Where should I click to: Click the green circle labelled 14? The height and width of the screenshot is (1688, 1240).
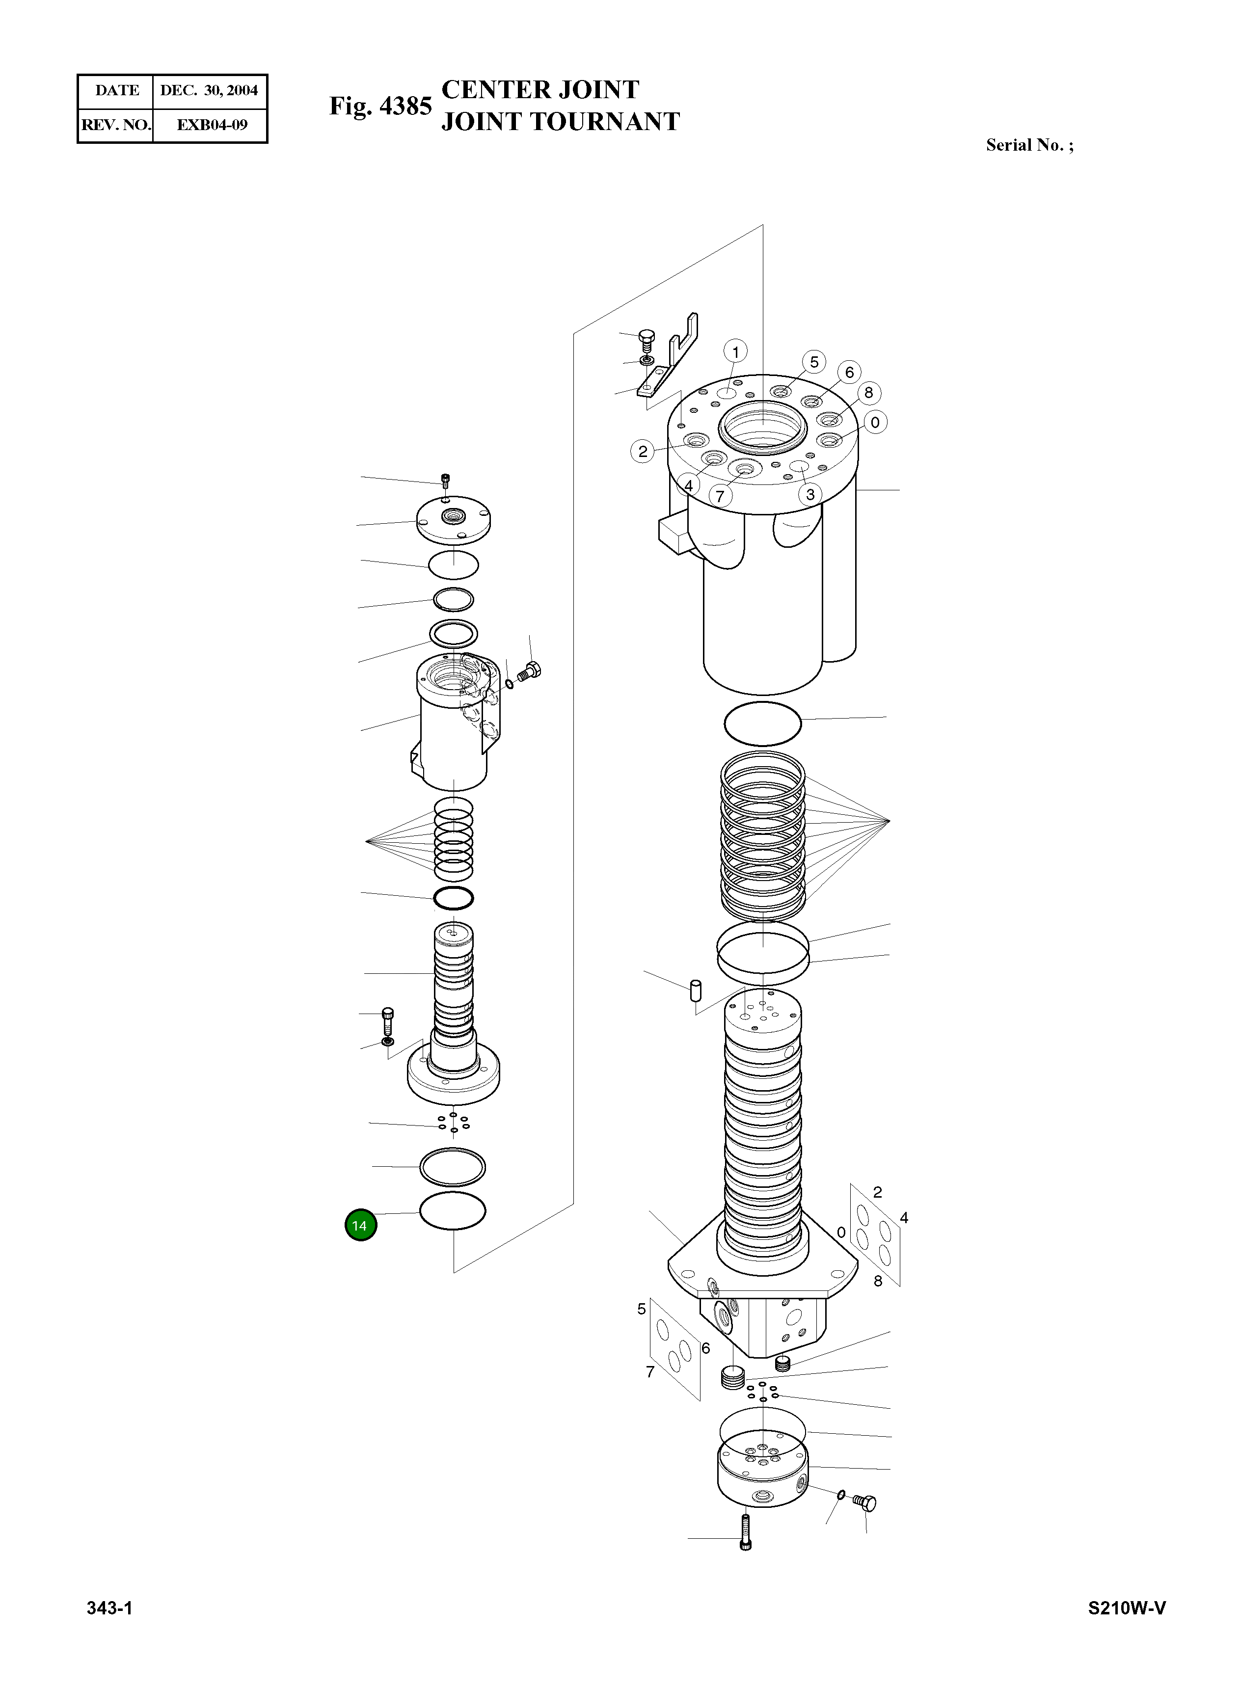tap(360, 1226)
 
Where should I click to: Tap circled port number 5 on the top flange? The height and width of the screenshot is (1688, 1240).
tap(813, 362)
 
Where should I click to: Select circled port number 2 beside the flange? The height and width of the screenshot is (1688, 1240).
tap(643, 451)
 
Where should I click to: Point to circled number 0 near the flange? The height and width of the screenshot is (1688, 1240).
tap(875, 423)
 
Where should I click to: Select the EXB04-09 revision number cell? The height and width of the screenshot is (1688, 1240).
tap(212, 125)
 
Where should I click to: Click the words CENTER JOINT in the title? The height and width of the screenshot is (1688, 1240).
tap(539, 89)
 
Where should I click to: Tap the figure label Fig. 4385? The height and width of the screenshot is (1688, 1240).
tap(380, 107)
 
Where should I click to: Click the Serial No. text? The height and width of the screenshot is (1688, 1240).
tap(1029, 145)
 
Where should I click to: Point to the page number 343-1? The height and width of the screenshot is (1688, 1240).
tap(109, 1607)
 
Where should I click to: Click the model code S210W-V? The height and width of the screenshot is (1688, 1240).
tap(1127, 1607)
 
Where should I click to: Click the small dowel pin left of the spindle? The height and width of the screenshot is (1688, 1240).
tap(695, 989)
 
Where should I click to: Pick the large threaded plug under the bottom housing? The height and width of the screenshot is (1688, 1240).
tap(732, 1377)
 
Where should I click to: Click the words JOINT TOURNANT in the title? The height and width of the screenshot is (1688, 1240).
tap(560, 122)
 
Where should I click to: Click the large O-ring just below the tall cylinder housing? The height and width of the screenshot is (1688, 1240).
tap(763, 723)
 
